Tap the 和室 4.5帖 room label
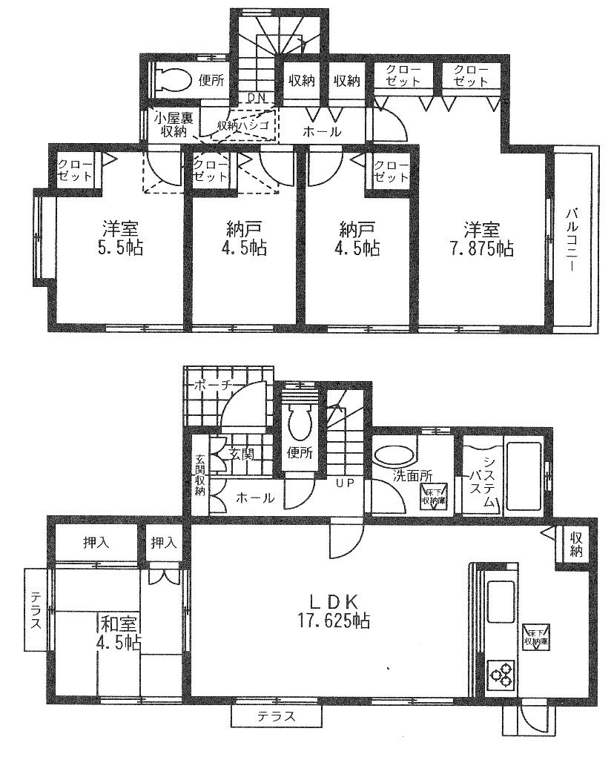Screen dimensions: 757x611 [x=118, y=630]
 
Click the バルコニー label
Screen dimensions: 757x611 [x=572, y=241]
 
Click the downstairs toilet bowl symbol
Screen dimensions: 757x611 [x=300, y=425]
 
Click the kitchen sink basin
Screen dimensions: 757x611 [x=502, y=601]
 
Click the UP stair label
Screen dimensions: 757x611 [x=344, y=483]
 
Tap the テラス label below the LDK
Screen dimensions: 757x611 [x=276, y=717]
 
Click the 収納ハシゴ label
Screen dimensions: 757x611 [x=245, y=126]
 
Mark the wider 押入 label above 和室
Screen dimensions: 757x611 [x=95, y=543]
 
